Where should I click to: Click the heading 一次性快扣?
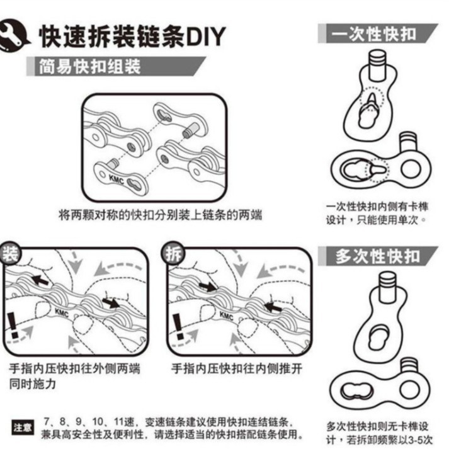pyautogui.click(x=378, y=33)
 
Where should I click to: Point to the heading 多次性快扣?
pyautogui.click(x=378, y=256)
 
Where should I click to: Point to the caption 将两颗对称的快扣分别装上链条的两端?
pyautogui.click(x=160, y=215)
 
